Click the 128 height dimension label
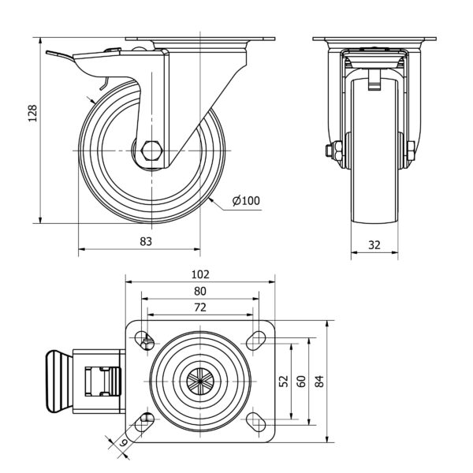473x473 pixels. pos(32,113)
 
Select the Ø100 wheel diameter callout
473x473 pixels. pos(246,200)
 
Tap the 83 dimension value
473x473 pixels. pos(146,241)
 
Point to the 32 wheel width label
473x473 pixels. pos(374,245)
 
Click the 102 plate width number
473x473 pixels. pos(200,274)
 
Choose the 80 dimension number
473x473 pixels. pos(200,291)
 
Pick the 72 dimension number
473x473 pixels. pos(200,307)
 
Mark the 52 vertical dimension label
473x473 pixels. pos(284,382)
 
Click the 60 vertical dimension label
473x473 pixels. pos(301,382)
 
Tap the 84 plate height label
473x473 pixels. pos(319,382)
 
